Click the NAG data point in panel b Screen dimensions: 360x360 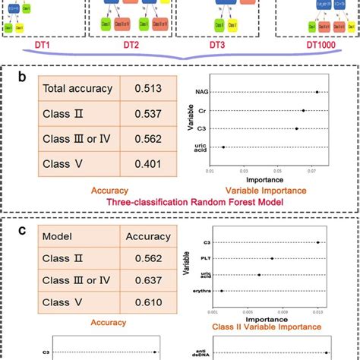point(317,93)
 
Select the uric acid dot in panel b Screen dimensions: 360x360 point(223,147)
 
